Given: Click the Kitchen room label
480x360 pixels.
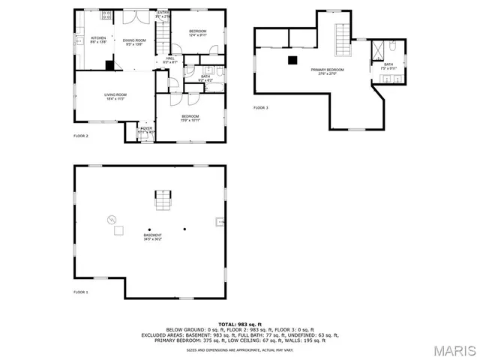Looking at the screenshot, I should coord(98,39).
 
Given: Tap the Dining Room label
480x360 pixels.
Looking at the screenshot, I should coord(133,42).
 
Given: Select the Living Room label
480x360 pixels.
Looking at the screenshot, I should coord(115,96).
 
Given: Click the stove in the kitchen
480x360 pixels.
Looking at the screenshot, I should coord(106,15).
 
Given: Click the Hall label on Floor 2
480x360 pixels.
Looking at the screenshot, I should coord(170,60).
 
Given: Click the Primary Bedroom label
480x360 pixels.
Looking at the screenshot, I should coord(327,71).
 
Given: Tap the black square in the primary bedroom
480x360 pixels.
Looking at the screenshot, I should coord(294,61).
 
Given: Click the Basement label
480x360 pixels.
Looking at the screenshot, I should coord(152,237).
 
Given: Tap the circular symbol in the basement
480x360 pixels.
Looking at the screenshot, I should coord(112,219).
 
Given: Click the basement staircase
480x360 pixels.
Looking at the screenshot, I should coord(163,200).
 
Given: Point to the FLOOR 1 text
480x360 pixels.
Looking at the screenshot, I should coord(80,292).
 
